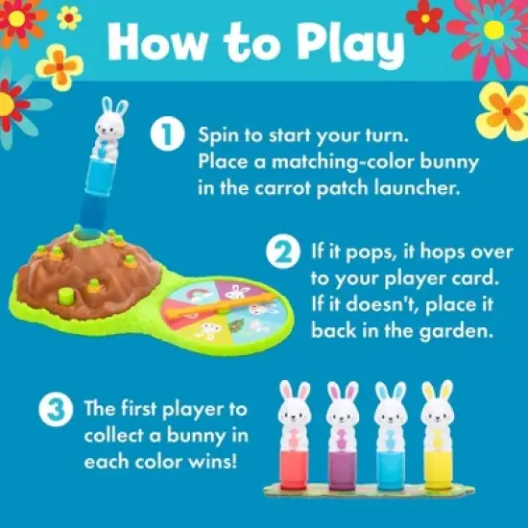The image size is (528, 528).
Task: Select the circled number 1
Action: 167,135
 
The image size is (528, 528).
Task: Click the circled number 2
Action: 282,254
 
